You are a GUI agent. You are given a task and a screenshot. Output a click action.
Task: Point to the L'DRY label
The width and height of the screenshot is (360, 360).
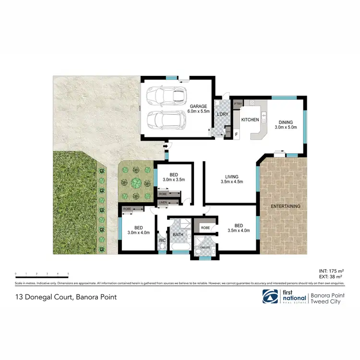pyautogui.click(x=222, y=114)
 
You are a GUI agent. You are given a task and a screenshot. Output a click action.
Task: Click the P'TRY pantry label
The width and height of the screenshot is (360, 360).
pyautogui.click(x=237, y=103)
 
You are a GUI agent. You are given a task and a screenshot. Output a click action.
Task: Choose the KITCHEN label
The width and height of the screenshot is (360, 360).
pyautogui.click(x=250, y=120)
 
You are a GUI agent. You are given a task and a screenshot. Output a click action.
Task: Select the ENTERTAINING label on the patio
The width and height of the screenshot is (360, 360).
pyautogui.click(x=285, y=206)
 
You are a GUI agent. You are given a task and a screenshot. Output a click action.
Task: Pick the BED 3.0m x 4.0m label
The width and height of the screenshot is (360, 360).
pyautogui.click(x=138, y=230)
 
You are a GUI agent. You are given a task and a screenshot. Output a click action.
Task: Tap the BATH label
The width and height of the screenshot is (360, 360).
pyautogui.click(x=178, y=235)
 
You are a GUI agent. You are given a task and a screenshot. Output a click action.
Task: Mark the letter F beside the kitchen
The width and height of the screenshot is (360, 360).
pyautogui.click(x=236, y=135)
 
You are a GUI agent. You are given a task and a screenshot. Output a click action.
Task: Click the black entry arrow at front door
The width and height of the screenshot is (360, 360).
pyautogui.click(x=166, y=145)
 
